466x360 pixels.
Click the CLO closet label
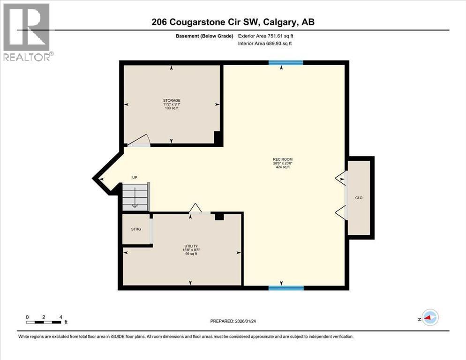[x=359, y=198]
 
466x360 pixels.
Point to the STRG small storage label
[x=136, y=229]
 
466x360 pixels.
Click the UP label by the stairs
[x=135, y=178]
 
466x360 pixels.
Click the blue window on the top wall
[x=286, y=62]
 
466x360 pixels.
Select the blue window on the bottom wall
[x=286, y=288]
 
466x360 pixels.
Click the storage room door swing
[x=140, y=141]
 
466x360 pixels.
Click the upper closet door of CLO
[x=341, y=178]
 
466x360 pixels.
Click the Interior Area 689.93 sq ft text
[x=265, y=44]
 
